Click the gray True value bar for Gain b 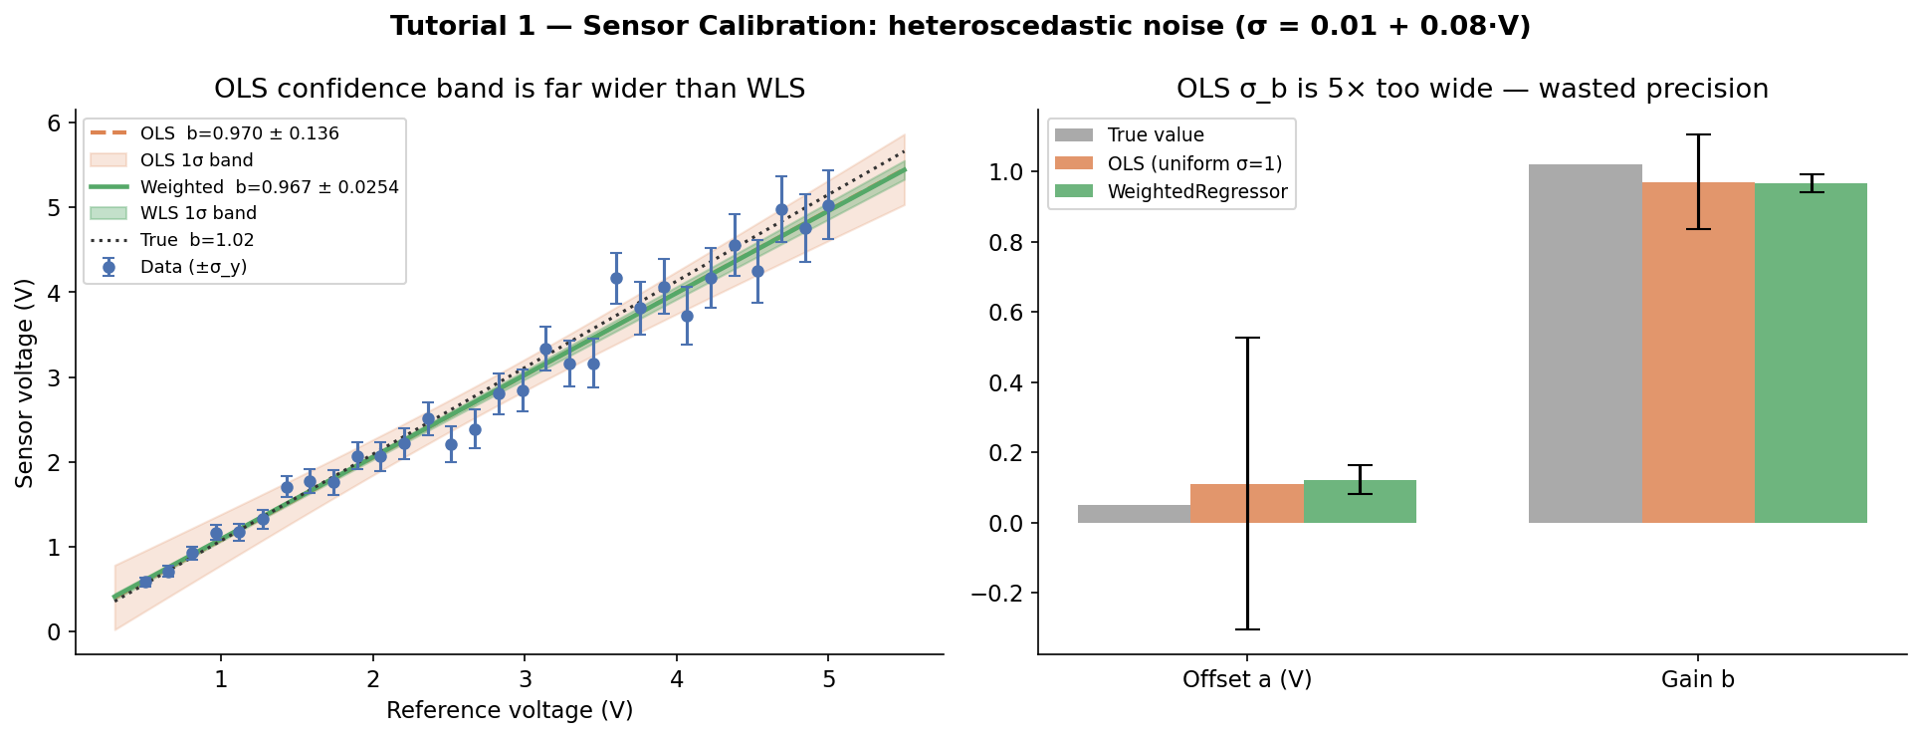(1585, 344)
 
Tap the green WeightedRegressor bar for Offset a (1360, 502)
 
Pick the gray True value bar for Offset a (1134, 514)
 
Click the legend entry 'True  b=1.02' (197, 240)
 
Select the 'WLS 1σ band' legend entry (198, 213)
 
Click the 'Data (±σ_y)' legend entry (193, 267)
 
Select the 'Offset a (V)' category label (1246, 679)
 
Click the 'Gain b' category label (1697, 679)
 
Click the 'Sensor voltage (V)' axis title (25, 383)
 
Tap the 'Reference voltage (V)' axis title (510, 710)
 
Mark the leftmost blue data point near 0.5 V (145, 582)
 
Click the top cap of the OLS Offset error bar (1247, 339)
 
